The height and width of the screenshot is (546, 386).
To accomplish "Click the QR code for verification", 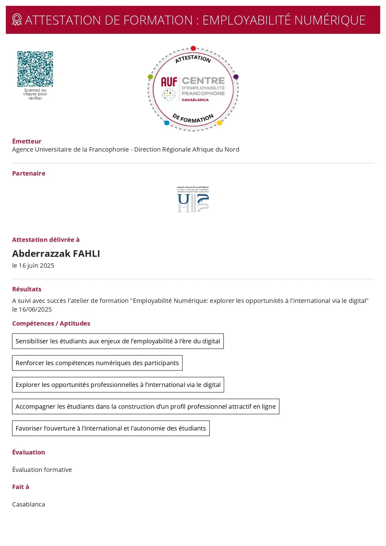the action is pos(35,69).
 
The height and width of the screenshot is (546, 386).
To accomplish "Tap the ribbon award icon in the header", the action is pos(17,20).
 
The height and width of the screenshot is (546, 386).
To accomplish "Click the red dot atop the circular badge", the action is pos(193,48).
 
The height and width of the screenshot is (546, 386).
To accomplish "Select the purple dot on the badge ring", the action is pos(236,77).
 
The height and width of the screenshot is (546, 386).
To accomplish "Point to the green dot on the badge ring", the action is pos(150,77).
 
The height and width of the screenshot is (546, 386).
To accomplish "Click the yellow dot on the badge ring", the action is pos(219,123).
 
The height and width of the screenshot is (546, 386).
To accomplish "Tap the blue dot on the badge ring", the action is pos(167,123).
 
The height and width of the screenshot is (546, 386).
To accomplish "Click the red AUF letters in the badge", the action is pos(169,82).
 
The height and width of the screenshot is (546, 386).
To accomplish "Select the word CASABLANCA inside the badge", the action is pos(195,100).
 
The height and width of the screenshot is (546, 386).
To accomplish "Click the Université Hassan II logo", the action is pos(193,199).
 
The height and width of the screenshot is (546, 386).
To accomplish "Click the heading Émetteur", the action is pos(27,141).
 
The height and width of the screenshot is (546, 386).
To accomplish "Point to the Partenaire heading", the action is pos(29,173).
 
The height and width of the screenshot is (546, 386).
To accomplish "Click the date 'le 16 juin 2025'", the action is pos(33,266).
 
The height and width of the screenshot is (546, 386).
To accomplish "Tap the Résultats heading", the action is pos(27,289).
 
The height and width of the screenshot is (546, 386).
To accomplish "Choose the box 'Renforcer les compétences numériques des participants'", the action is pos(97,363).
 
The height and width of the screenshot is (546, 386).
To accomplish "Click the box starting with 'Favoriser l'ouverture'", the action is pos(111,428).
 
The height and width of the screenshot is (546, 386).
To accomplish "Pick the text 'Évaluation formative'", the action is pos(42,470).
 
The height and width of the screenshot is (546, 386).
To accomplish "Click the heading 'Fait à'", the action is pos(21,487).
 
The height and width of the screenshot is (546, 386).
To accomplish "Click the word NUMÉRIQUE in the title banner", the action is pos(330,20).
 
